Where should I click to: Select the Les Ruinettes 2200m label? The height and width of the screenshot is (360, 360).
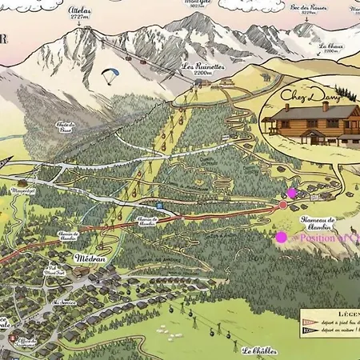199,69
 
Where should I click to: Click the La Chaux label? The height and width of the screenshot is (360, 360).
330,46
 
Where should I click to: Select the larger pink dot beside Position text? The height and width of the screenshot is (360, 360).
282,237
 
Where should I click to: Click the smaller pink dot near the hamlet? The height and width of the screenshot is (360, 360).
292,193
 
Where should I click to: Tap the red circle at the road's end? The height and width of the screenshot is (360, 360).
282,206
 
